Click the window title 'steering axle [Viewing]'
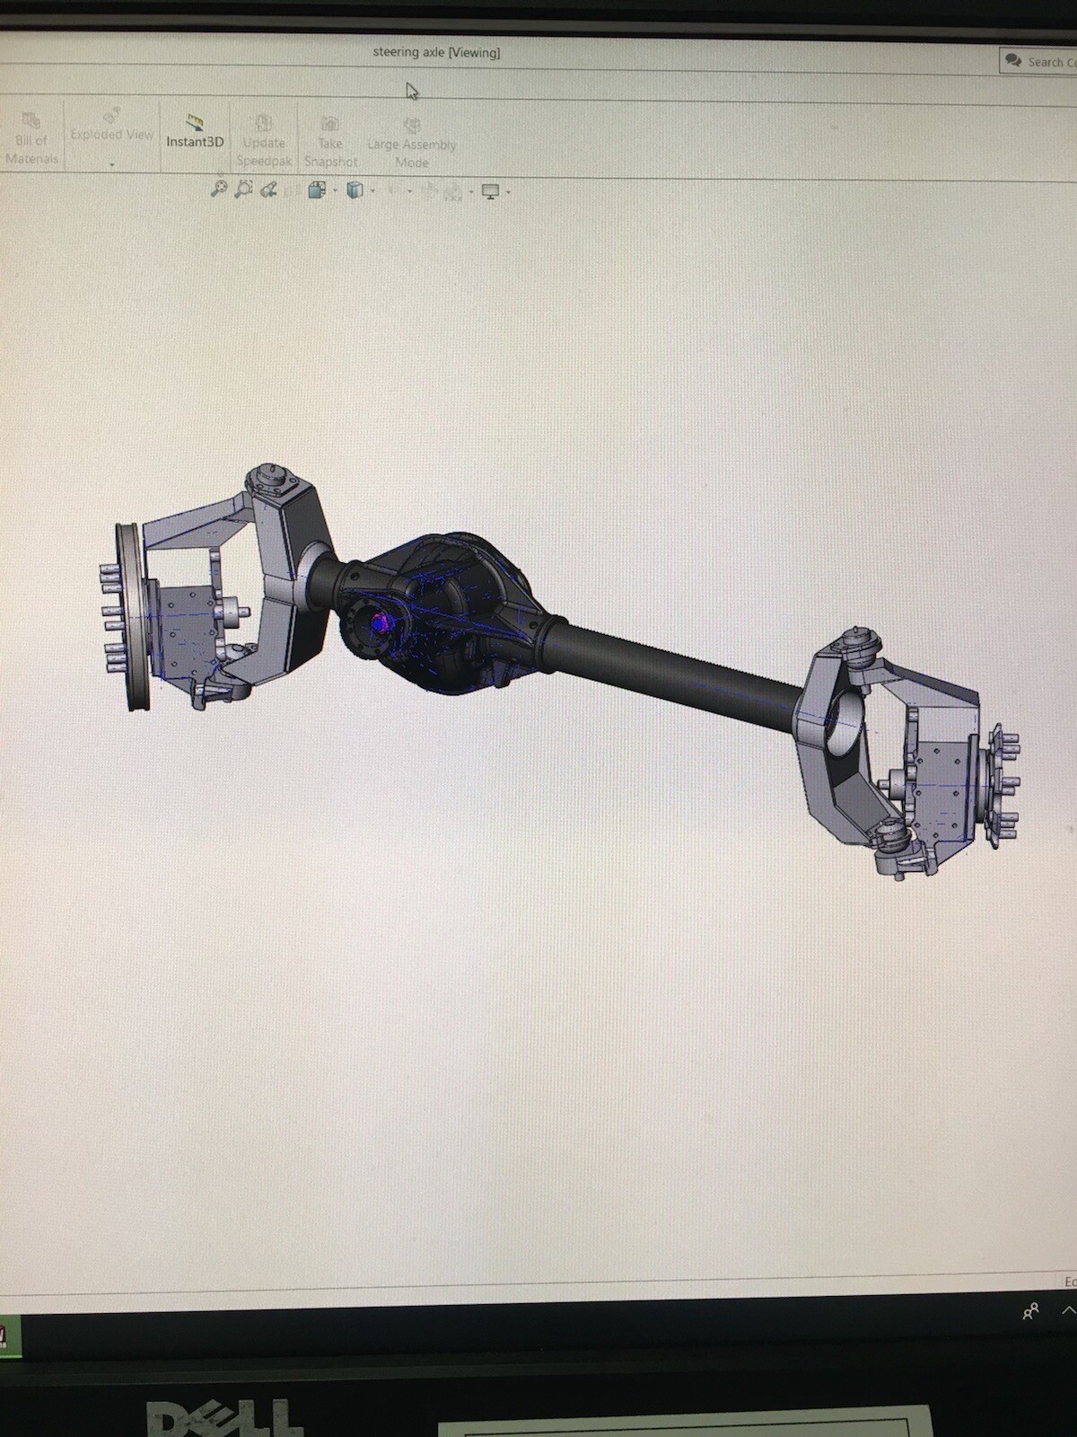(436, 52)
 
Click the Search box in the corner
(1039, 61)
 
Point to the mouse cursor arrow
(411, 91)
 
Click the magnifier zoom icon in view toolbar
(218, 189)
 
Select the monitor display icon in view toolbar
(490, 191)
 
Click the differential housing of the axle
(449, 611)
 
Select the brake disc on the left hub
(133, 618)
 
